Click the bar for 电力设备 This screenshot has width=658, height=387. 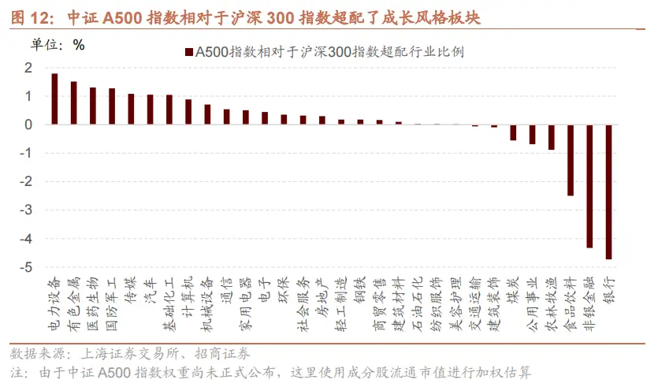click(x=54, y=99)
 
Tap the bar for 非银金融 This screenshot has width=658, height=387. click(x=589, y=186)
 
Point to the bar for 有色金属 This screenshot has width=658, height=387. click(x=73, y=102)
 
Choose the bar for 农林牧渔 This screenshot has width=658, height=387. click(x=552, y=137)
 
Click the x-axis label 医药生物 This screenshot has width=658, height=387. click(x=92, y=302)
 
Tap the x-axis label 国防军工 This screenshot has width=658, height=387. click(x=111, y=302)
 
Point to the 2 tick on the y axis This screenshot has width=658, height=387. click(x=29, y=68)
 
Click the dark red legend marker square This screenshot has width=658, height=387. click(x=188, y=52)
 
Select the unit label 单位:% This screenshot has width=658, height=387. click(x=58, y=44)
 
